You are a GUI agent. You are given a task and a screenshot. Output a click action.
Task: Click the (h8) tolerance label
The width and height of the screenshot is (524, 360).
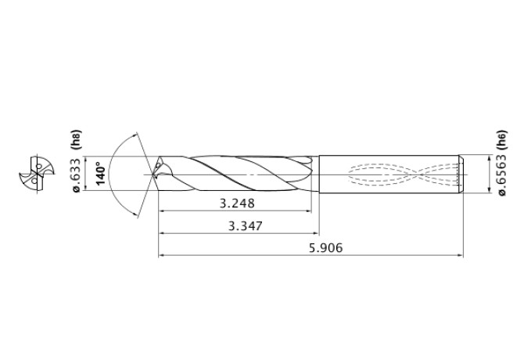tap(77, 141)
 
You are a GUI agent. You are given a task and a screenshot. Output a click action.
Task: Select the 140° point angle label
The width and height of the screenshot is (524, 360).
tap(99, 172)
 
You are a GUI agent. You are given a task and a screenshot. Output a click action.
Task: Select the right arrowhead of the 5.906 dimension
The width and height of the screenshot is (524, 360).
tap(460, 254)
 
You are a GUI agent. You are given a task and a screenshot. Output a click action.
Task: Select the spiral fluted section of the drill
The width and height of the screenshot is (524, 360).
tap(235, 172)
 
